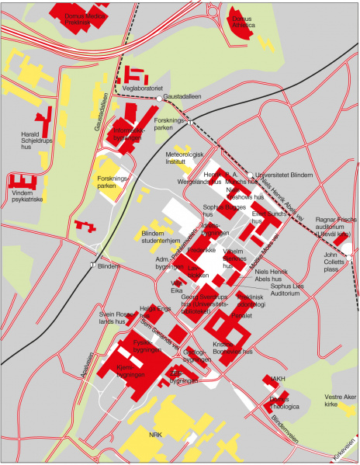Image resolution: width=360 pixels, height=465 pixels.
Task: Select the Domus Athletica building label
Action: coord(244,20)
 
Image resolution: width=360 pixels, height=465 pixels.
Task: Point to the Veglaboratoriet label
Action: coord(141,89)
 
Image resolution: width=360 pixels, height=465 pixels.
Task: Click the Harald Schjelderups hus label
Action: coord(35,140)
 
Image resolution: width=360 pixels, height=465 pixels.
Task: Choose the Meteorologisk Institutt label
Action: coord(185,160)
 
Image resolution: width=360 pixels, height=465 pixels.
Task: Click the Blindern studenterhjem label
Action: coord(161,237)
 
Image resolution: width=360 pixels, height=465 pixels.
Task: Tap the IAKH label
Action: coord(278,379)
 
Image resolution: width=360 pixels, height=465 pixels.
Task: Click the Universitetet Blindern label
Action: coord(283,175)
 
